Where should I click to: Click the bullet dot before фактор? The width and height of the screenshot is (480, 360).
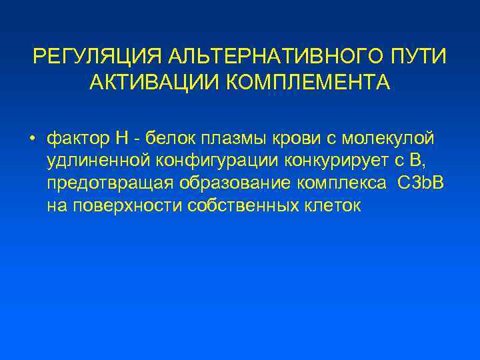[x=31, y=139]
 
